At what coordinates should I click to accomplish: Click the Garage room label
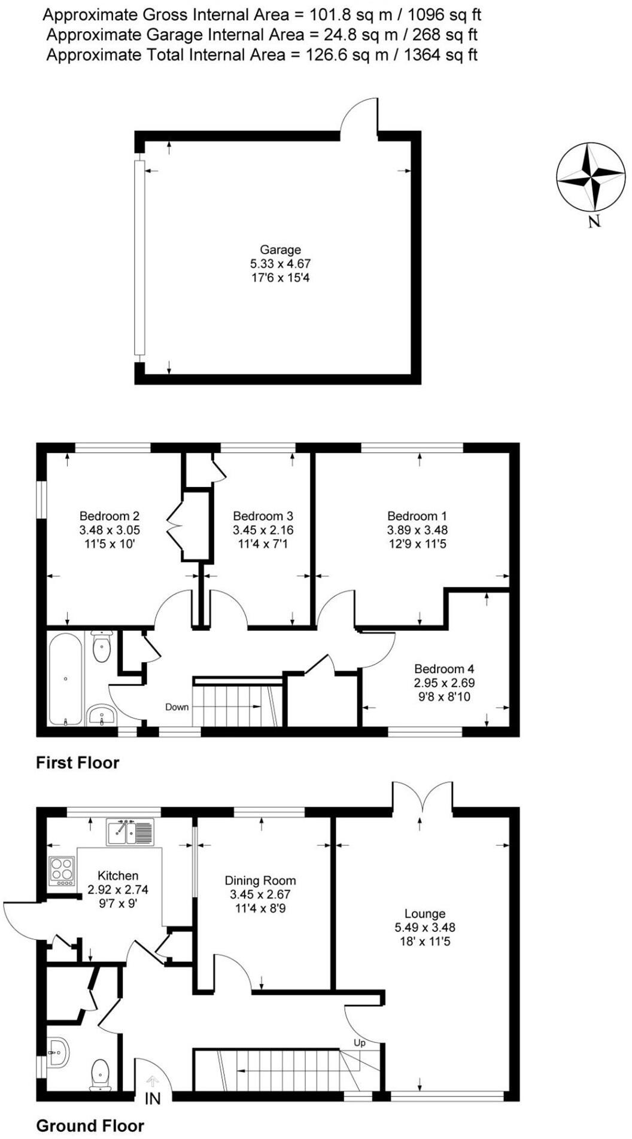[280, 249]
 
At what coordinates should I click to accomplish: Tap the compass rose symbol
[591, 177]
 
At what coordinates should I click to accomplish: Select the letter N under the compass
[594, 222]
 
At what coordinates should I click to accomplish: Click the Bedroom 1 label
[417, 516]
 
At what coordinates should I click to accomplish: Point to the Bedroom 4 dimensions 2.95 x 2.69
[444, 683]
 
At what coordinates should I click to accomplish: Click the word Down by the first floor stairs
[177, 707]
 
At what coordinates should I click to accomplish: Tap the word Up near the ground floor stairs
[359, 1043]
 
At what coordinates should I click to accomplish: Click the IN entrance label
[153, 1098]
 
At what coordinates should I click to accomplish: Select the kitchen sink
[130, 832]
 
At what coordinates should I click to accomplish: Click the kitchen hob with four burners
[62, 872]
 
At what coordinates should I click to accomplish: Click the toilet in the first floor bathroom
[102, 647]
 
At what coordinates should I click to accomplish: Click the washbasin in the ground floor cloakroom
[59, 1052]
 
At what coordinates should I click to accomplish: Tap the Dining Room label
[260, 880]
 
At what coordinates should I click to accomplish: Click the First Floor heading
[77, 763]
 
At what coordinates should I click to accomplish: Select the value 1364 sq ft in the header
[440, 55]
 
